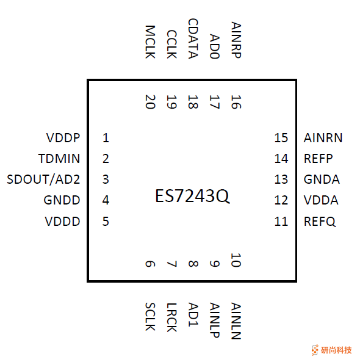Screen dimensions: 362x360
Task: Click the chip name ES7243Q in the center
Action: [192, 197]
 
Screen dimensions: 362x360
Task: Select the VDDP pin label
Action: [63, 138]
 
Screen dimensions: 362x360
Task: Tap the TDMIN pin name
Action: [59, 159]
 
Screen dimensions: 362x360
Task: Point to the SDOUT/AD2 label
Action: [44, 179]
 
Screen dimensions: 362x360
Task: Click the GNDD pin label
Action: [62, 200]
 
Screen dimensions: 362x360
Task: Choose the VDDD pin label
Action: [62, 221]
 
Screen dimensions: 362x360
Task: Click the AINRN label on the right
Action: [323, 138]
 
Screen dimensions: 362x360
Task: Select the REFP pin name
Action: [318, 159]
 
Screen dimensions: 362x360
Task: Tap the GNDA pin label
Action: [322, 179]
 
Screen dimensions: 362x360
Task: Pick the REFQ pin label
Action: [320, 221]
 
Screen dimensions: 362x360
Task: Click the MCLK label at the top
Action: [151, 42]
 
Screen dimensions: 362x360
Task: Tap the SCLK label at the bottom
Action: [151, 317]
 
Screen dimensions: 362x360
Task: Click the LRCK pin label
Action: [172, 317]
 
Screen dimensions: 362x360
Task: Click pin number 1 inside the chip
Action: [106, 138]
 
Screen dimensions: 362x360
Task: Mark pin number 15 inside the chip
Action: [281, 138]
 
